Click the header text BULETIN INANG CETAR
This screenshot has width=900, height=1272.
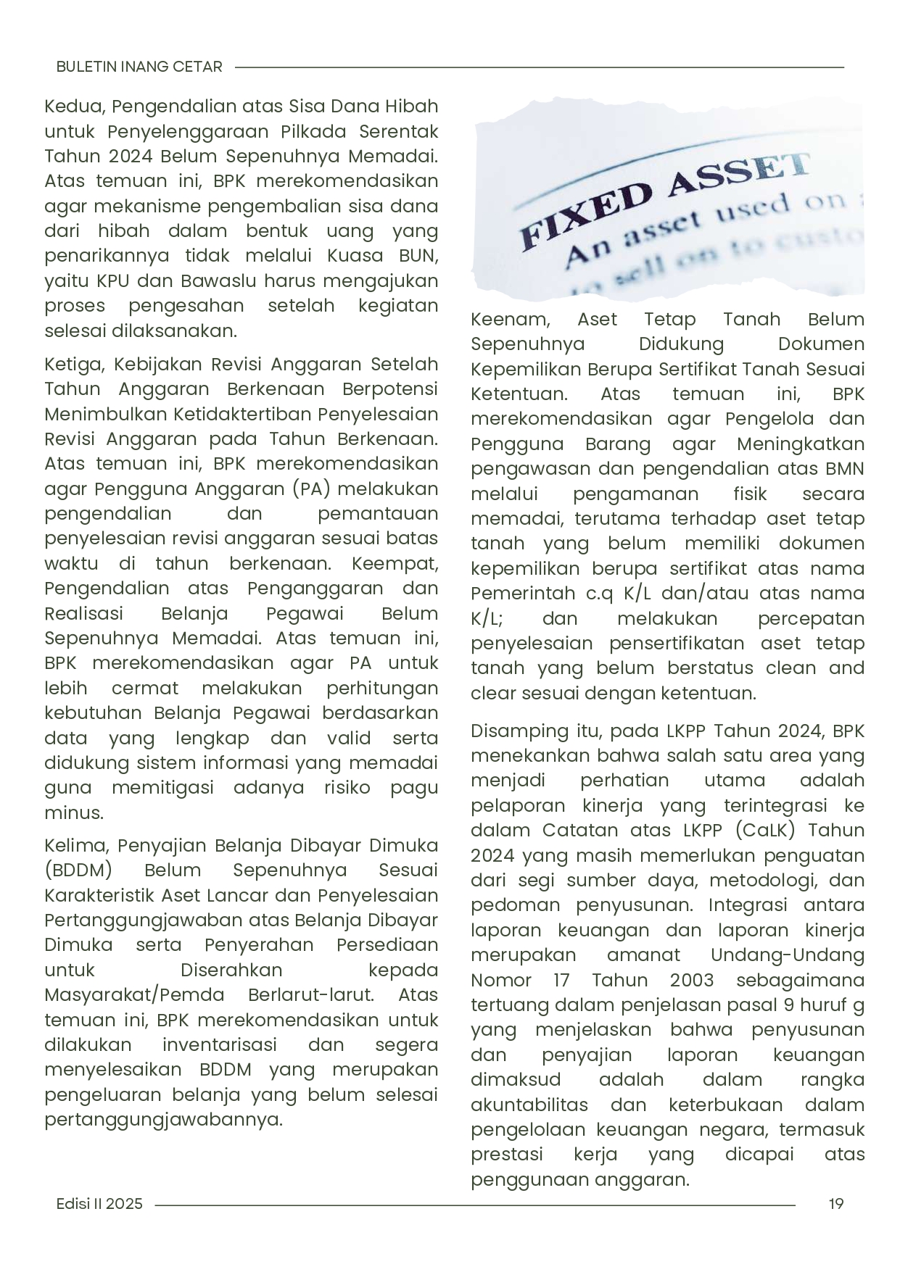tap(139, 67)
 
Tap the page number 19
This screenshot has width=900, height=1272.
tap(836, 1204)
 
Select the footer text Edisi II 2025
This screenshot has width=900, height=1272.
tap(99, 1204)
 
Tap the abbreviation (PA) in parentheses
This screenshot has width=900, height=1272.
tap(312, 489)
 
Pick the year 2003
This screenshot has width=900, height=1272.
tap(692, 980)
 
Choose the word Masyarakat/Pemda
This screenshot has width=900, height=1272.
tap(134, 995)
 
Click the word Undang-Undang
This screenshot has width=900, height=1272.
tap(788, 955)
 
